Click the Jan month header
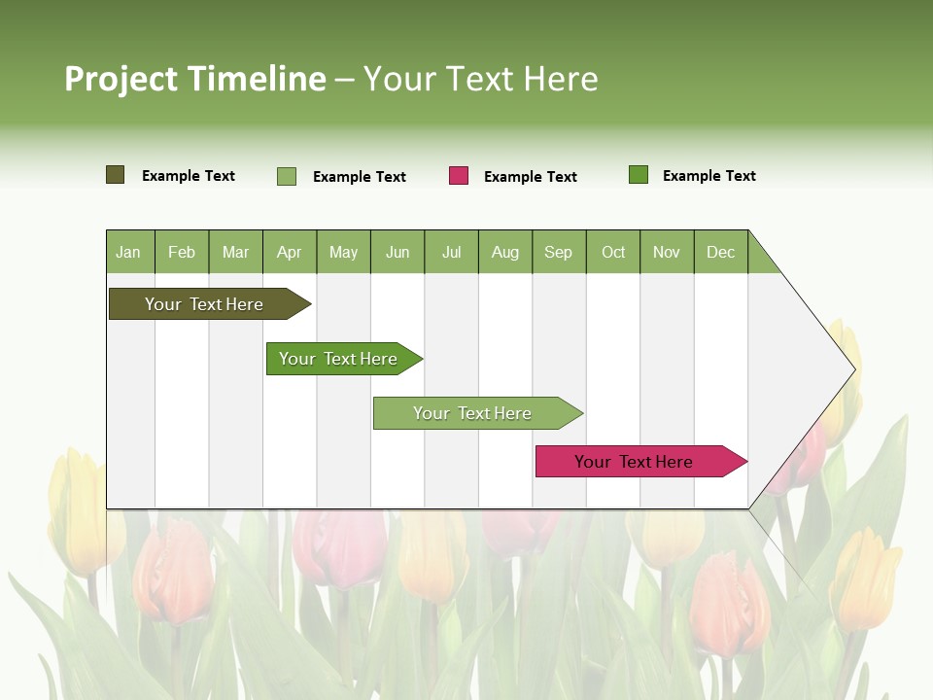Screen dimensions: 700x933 pyautogui.click(x=129, y=252)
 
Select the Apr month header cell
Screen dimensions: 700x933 pyautogui.click(x=289, y=252)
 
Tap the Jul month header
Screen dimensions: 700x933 pyautogui.click(x=451, y=252)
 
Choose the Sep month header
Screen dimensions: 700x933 pyautogui.click(x=558, y=252)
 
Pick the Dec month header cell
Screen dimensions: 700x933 pyautogui.click(x=720, y=252)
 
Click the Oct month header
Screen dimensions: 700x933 pyautogui.click(x=613, y=252)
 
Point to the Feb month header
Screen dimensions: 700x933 pyautogui.click(x=182, y=252)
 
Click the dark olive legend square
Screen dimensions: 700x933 pyautogui.click(x=115, y=175)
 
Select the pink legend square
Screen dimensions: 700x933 pyautogui.click(x=459, y=176)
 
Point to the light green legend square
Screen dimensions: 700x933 pyautogui.click(x=287, y=176)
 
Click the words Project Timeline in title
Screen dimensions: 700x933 pyautogui.click(x=194, y=79)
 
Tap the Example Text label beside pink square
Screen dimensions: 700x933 pyautogui.click(x=530, y=177)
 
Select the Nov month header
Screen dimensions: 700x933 pyautogui.click(x=667, y=252)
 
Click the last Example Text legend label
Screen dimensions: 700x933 pyautogui.click(x=708, y=176)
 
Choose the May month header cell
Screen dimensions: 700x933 pyautogui.click(x=343, y=252)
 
